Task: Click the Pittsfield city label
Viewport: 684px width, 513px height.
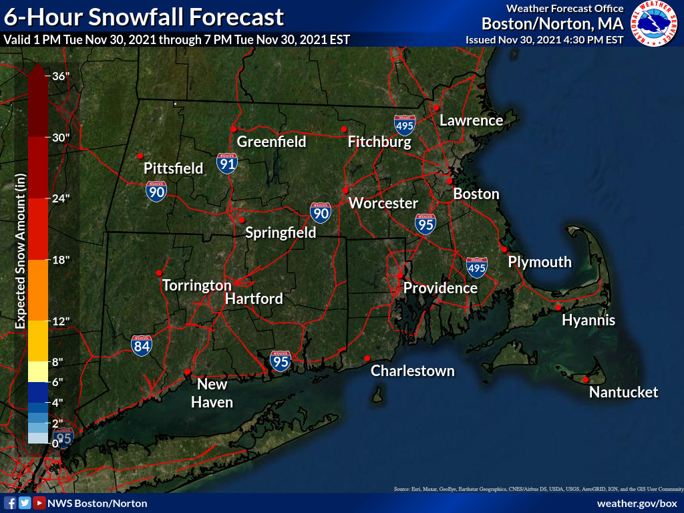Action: pos(174,168)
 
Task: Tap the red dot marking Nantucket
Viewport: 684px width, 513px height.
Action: pos(585,379)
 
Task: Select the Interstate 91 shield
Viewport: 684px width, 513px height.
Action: pos(227,163)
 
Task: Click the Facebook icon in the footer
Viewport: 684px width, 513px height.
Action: pos(10,503)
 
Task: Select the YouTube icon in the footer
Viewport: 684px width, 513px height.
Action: pos(39,503)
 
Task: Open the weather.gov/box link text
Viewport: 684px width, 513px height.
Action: pos(637,503)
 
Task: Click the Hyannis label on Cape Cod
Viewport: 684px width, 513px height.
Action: pos(588,321)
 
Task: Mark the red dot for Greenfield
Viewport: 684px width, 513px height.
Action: pos(234,129)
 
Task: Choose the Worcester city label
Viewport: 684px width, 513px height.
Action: pos(383,203)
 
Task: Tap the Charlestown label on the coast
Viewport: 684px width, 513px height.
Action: pos(412,371)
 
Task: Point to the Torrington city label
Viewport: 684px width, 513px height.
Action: pos(196,285)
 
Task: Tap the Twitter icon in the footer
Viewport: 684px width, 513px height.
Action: pos(25,503)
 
